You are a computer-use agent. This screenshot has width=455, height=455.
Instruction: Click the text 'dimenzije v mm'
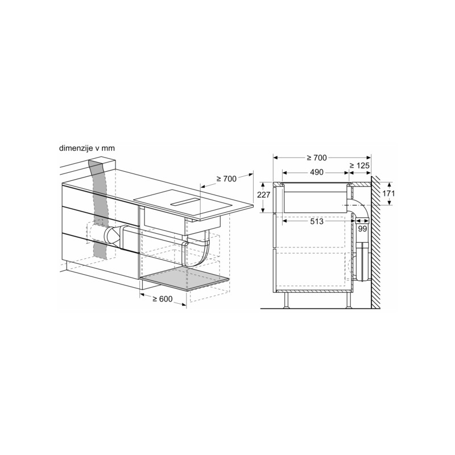click(x=87, y=148)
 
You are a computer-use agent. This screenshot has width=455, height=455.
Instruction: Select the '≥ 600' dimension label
click(x=163, y=299)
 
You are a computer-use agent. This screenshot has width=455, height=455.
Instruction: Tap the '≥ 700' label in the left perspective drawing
click(x=226, y=179)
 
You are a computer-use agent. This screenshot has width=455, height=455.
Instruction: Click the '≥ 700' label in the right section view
click(x=317, y=158)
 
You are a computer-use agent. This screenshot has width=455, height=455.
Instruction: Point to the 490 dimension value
click(x=317, y=172)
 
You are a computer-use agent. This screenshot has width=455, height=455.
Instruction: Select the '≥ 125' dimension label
click(x=359, y=166)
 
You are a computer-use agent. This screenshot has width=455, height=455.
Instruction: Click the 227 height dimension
click(x=264, y=195)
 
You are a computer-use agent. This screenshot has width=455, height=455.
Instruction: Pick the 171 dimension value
click(x=388, y=193)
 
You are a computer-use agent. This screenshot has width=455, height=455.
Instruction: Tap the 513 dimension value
click(x=317, y=221)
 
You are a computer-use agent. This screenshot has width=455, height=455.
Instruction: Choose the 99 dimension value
click(x=362, y=229)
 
